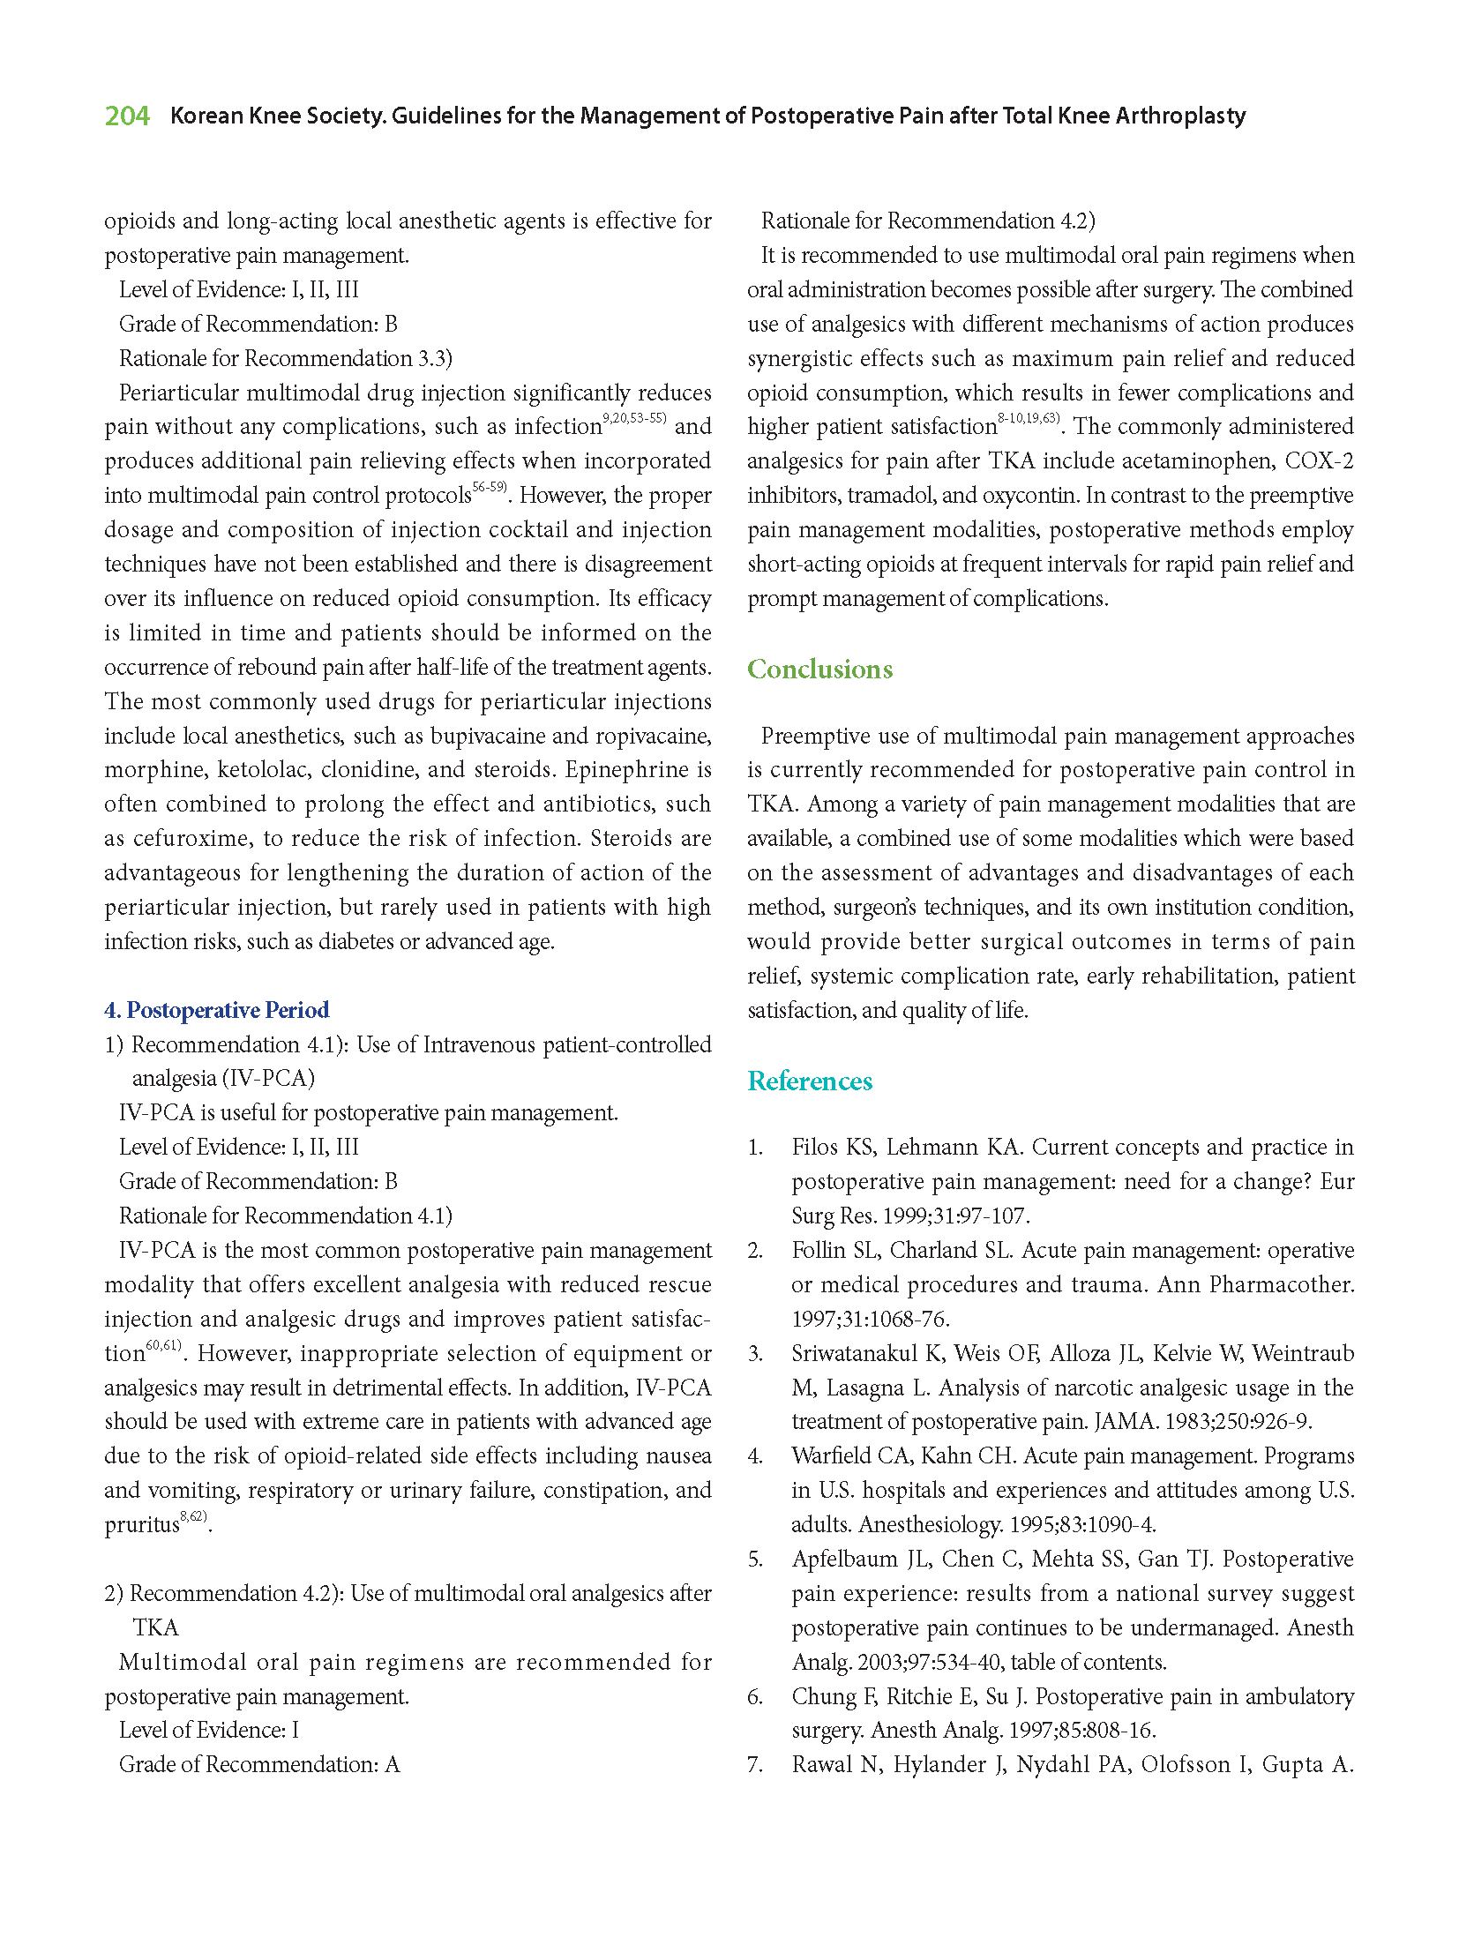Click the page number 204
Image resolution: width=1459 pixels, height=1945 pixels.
[x=127, y=116]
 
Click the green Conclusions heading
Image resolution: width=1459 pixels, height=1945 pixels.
[x=819, y=670]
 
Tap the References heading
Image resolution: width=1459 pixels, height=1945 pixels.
[x=810, y=1081]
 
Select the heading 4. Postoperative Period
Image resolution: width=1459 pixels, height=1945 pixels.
[x=216, y=1010]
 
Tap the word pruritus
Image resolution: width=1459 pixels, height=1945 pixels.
[x=141, y=1525]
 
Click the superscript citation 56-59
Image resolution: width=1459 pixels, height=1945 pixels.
[x=490, y=488]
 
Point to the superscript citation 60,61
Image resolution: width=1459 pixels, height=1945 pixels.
[x=163, y=1345]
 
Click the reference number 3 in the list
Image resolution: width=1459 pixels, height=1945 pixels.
[x=754, y=1354]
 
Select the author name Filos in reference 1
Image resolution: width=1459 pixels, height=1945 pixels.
[x=817, y=1148]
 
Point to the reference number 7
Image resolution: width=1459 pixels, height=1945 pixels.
[x=754, y=1765]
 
